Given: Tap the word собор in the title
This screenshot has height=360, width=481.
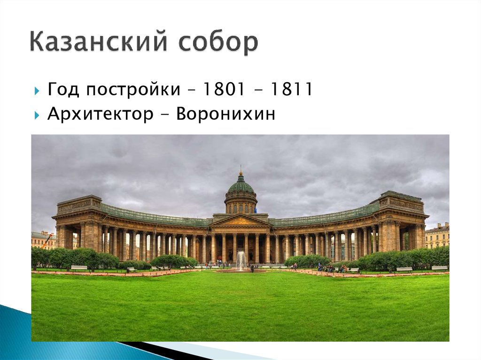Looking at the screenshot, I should [218, 43].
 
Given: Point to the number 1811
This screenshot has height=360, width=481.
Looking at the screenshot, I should [291, 90].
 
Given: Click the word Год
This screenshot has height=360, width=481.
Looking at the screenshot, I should [63, 90].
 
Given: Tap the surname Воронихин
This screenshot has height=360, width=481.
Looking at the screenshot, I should [225, 114].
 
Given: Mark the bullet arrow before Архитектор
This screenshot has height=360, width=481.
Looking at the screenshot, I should [37, 115].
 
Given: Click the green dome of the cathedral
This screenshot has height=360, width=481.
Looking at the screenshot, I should [241, 185].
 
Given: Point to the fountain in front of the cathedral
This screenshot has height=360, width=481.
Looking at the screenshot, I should [241, 260].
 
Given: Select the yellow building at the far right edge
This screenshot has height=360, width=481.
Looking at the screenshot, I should [437, 237].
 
